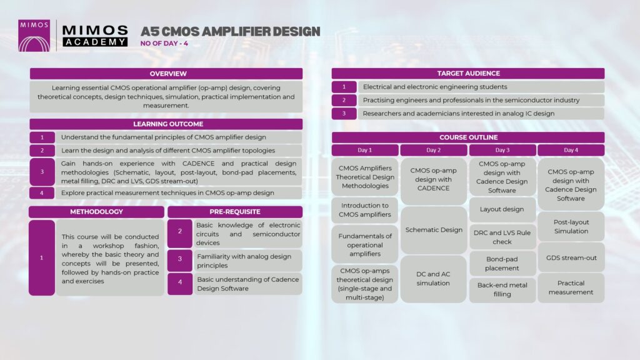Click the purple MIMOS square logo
tap(34, 36)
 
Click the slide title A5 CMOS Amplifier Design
tap(230, 31)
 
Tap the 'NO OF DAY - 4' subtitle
tap(164, 44)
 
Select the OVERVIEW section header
tap(166, 74)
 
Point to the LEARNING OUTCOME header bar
tap(166, 124)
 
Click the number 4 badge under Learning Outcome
tap(42, 192)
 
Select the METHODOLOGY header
tap(96, 212)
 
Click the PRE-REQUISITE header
tap(235, 212)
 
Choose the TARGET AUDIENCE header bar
tap(468, 74)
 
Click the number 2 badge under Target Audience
tap(344, 100)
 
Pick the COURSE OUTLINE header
tap(468, 137)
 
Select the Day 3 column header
tap(502, 150)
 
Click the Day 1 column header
tap(365, 150)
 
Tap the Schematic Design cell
tap(434, 230)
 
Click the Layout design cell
tap(502, 209)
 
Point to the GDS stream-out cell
tap(571, 257)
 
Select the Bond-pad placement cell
tap(502, 263)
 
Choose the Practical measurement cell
tap(571, 287)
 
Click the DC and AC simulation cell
tap(434, 279)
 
